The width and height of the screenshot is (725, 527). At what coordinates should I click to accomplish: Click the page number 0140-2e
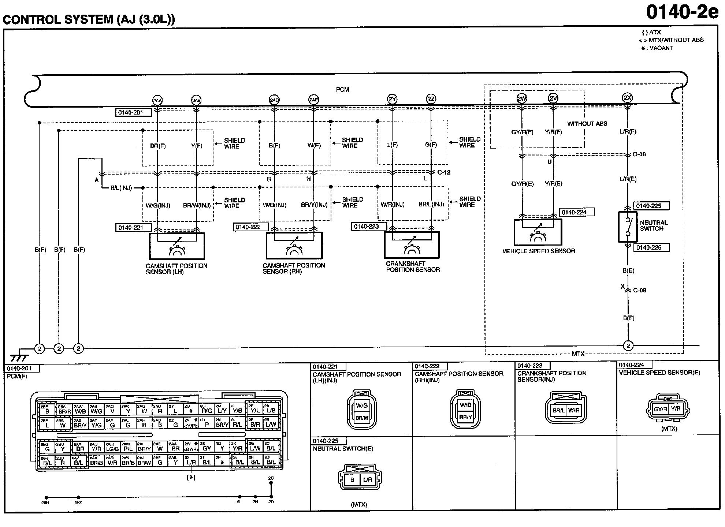click(682, 12)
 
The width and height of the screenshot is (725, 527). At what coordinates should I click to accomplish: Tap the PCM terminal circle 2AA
click(157, 100)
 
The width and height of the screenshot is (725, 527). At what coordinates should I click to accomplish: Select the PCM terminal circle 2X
click(627, 98)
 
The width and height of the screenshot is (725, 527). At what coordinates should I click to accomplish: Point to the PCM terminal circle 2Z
click(431, 99)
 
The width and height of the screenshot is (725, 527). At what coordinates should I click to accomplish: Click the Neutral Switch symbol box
click(628, 227)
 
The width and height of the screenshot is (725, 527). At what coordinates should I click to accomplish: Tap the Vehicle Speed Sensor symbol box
click(538, 232)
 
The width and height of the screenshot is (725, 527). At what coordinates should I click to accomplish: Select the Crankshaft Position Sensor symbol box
click(412, 245)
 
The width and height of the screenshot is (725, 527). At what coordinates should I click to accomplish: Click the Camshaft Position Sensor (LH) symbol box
click(177, 246)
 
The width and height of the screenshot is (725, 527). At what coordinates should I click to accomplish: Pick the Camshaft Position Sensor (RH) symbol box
click(294, 245)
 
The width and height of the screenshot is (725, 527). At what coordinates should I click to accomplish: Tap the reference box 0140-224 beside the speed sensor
click(576, 212)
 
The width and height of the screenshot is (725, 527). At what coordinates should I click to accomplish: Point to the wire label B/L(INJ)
click(121, 188)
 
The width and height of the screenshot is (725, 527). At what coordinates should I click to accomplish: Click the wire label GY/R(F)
click(522, 132)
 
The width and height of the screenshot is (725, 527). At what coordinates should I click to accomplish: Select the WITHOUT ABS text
click(587, 124)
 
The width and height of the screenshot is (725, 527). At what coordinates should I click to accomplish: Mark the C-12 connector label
click(444, 172)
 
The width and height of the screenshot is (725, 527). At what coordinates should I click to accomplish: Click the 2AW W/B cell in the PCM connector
click(80, 409)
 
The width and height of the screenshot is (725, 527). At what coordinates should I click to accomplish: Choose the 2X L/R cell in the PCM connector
click(191, 460)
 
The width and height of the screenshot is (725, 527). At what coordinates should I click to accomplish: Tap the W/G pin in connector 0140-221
click(362, 405)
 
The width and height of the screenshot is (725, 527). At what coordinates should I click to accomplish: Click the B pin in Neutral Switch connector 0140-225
click(352, 480)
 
